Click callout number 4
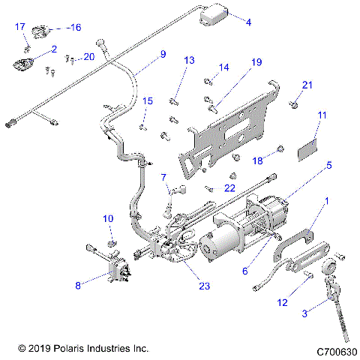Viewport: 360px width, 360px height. tap(248, 22)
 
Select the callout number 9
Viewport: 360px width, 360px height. tap(162, 54)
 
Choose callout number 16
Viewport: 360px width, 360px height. tap(74, 27)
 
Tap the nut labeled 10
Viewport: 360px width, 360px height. tap(111, 244)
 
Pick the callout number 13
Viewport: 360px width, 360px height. tap(189, 60)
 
